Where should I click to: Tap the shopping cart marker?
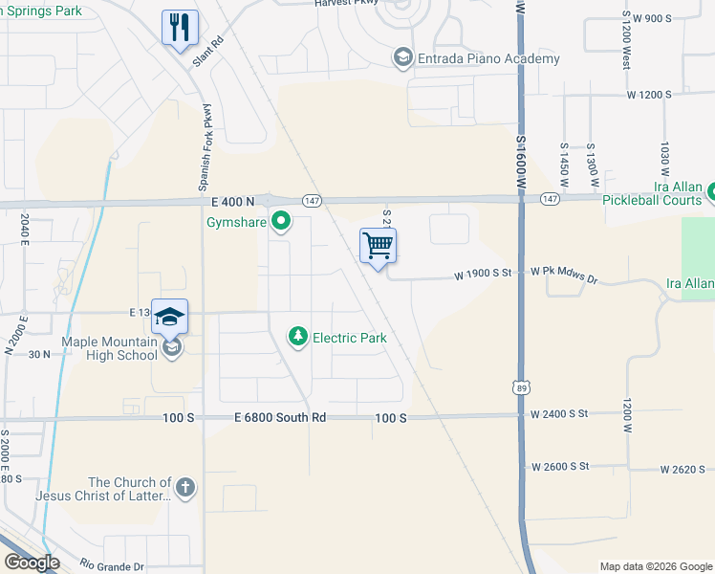(x=378, y=246)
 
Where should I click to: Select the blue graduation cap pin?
(x=169, y=317)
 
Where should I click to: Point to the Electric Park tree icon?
(x=299, y=337)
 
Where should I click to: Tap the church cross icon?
(x=185, y=489)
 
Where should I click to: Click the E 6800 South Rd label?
(x=280, y=418)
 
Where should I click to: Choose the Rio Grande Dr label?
(x=112, y=564)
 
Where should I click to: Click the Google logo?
(x=32, y=563)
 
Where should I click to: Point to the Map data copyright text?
(x=656, y=566)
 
